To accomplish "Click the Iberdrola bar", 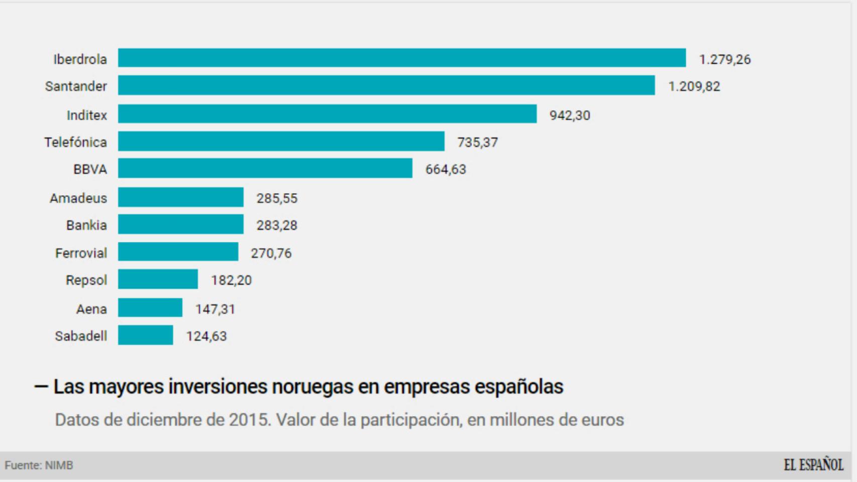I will pos(402,58).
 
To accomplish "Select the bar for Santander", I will pos(386,85).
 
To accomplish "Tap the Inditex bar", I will pos(327,114).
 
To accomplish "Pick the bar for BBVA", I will pos(265,168).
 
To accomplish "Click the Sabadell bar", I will pos(145,335).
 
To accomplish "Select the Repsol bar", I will pos(158,279).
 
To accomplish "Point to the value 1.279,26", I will pos(724,59).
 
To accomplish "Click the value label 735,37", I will pos(477,142).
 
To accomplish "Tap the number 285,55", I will pos(277,198).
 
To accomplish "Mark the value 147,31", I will pos(215,309).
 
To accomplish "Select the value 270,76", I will pos(271,253).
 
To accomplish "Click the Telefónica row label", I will pos(75,142).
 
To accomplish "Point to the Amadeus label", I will pos(78,198).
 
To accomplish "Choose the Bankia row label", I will pos(86,225).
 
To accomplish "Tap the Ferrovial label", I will pos(81,253).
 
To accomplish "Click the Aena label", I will pos(91,309).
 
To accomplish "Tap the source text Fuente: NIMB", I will pos(39,465).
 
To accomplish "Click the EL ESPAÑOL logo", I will pos(813,465).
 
